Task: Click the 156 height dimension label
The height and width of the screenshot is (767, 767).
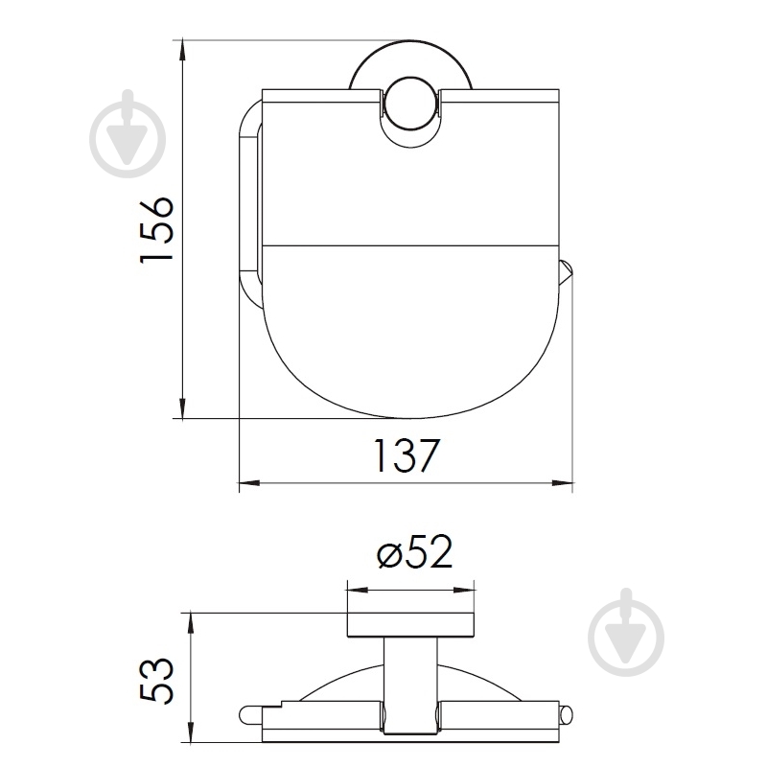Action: click(156, 230)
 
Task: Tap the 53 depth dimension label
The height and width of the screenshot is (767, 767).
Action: click(156, 681)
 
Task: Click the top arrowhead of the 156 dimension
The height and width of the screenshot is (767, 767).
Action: click(182, 51)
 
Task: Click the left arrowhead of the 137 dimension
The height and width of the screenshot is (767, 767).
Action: click(249, 483)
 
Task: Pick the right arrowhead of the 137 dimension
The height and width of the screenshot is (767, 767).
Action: click(563, 483)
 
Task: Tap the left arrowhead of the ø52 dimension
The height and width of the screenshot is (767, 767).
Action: click(358, 591)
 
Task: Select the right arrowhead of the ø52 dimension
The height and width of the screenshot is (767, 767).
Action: click(464, 591)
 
